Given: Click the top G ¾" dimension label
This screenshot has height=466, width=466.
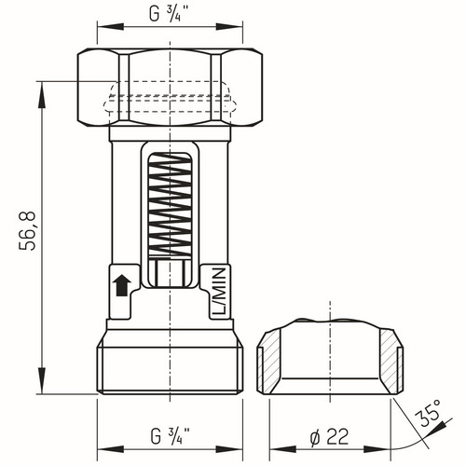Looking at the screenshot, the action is tap(170, 14).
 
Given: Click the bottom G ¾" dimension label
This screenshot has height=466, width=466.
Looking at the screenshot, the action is tap(171, 435).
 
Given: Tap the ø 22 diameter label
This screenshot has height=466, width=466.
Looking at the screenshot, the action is tap(329, 436).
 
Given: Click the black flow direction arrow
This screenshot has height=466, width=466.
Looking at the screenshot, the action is tap(122, 285).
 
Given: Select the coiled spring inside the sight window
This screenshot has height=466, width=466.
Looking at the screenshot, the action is tap(170, 205).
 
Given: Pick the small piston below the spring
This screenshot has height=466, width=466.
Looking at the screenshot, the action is tap(170, 272).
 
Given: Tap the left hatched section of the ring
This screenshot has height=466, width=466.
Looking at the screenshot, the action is tap(268, 362).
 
